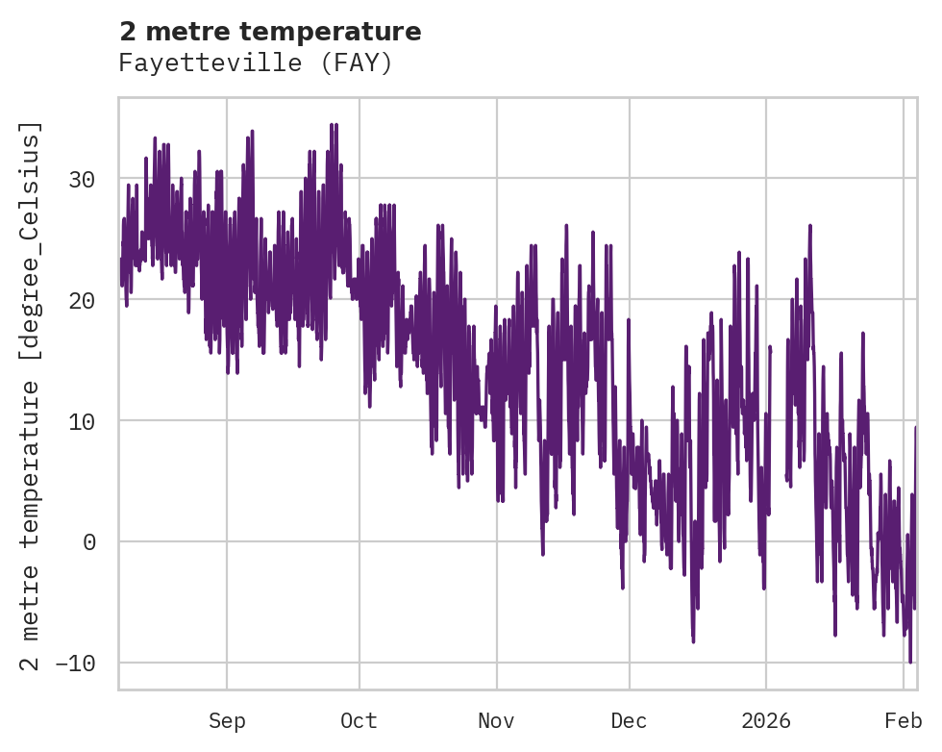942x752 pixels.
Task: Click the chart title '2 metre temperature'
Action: click(270, 32)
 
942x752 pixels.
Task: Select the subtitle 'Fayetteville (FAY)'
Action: click(256, 63)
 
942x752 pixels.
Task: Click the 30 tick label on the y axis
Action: click(83, 179)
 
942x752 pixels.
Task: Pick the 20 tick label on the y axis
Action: click(83, 300)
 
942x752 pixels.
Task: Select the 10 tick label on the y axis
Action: click(83, 421)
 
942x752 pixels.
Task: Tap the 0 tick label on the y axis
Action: click(89, 542)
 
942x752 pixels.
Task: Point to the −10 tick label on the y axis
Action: click(76, 664)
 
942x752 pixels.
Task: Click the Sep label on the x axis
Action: click(227, 721)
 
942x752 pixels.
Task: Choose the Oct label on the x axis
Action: click(359, 721)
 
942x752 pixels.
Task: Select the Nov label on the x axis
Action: click(497, 721)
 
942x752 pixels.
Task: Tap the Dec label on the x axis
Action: click(629, 721)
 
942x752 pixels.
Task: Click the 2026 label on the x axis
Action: click(766, 721)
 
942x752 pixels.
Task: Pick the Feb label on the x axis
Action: click(904, 721)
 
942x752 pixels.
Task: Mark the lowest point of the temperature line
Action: click(910, 662)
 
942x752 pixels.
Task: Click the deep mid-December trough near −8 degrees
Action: click(693, 640)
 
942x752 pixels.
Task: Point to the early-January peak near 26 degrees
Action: click(810, 226)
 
